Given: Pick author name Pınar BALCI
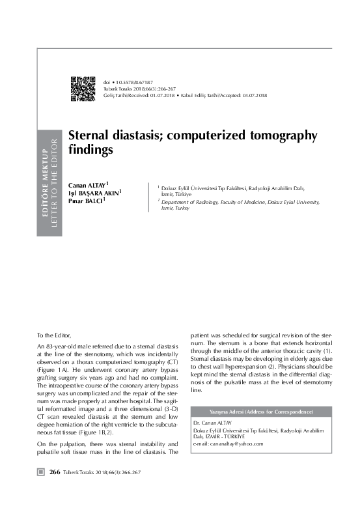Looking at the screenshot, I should pos(85,201).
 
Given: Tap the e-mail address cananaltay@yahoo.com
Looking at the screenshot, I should pos(236,443).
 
